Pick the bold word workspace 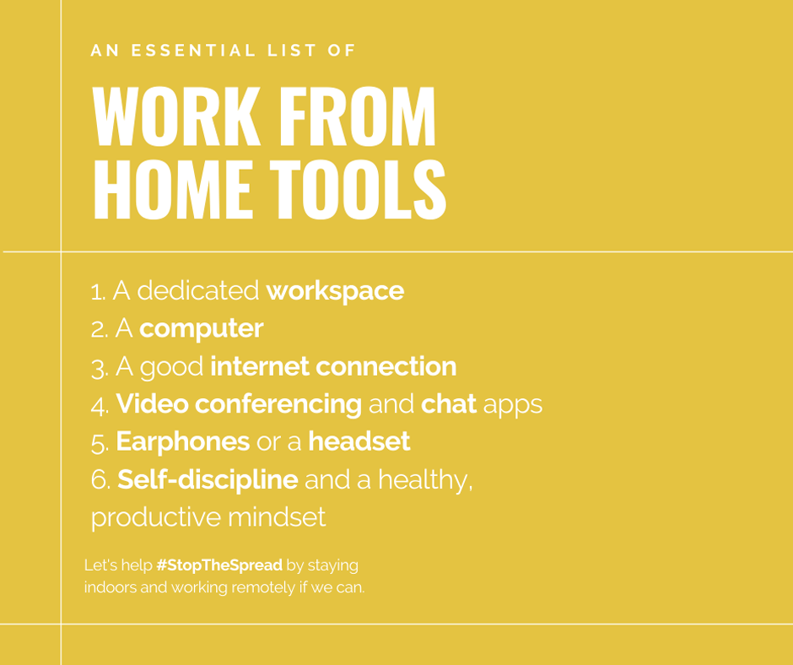335,291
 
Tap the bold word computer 202,329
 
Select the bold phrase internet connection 333,366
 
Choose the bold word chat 449,404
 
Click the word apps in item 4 513,406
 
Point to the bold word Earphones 182,442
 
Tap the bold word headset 359,441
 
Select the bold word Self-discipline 208,480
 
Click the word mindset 277,517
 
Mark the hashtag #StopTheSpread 219,565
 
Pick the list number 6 100,480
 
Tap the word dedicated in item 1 198,290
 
